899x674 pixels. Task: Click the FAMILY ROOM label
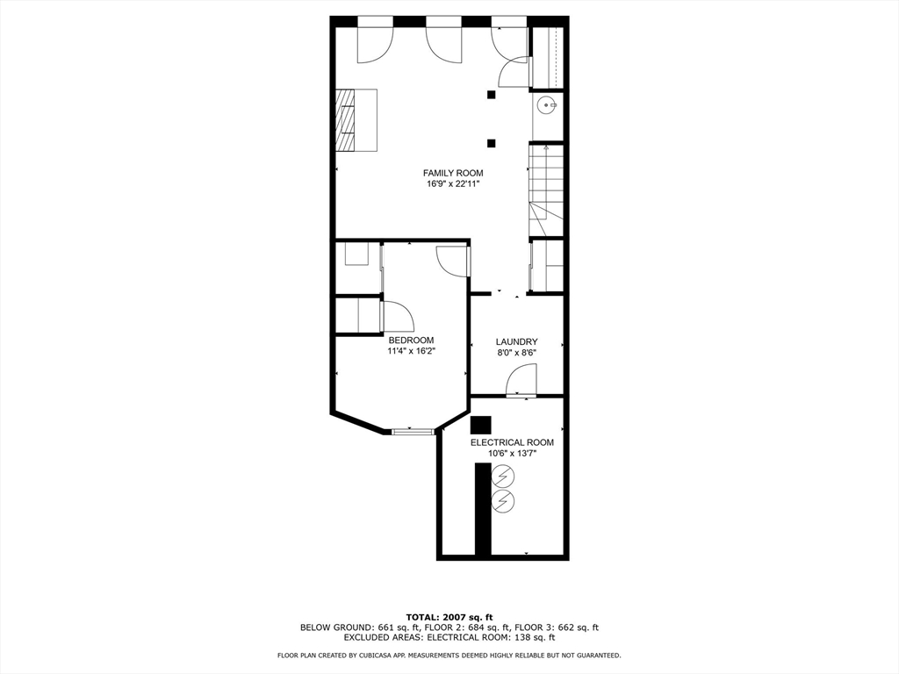(453, 173)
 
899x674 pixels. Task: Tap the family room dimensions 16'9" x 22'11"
(453, 184)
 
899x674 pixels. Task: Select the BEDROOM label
(411, 340)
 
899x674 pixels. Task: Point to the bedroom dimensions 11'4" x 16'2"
(411, 351)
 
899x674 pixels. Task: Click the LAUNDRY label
(516, 341)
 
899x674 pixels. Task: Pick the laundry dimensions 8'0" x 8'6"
(516, 353)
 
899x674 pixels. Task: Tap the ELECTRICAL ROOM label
(512, 442)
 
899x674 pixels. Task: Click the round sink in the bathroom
(547, 105)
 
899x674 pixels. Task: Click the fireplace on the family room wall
(346, 120)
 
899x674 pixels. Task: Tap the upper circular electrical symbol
(503, 477)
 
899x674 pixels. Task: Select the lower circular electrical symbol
(503, 501)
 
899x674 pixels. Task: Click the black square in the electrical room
(480, 425)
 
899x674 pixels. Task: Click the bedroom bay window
(413, 431)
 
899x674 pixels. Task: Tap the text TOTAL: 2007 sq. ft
(449, 617)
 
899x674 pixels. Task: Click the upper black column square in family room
(492, 95)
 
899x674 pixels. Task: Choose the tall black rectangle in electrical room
(483, 509)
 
